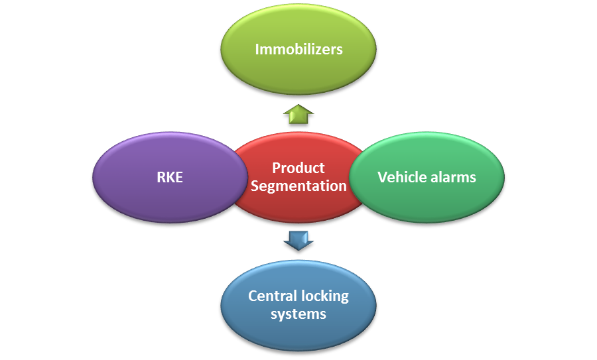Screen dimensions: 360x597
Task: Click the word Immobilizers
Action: (298, 49)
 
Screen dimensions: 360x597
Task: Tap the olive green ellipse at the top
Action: (298, 73)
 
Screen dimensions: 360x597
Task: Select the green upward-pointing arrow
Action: (298, 114)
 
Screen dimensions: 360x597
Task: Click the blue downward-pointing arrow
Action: (298, 239)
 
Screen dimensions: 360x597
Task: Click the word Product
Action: (298, 168)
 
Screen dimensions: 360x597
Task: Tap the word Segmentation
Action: (298, 186)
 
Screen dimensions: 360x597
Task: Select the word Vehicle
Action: (401, 177)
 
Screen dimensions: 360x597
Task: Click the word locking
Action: (324, 296)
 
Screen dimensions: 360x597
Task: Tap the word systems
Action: (298, 314)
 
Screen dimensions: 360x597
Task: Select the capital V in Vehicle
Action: (382, 177)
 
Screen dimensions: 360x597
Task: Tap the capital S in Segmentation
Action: (255, 186)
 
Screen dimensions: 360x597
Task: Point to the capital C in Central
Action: (253, 296)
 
